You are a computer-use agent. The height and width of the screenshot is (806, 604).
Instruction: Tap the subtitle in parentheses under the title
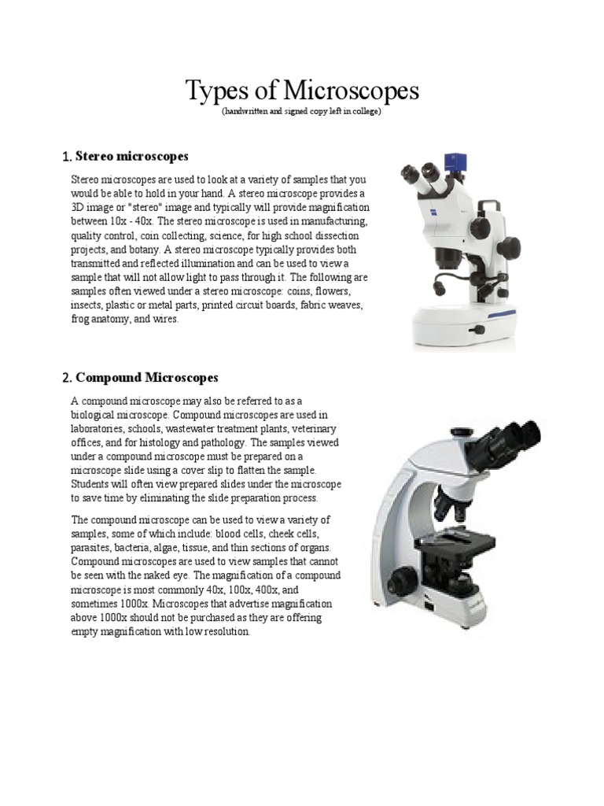pyautogui.click(x=302, y=113)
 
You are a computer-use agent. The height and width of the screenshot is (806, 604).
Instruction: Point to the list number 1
pyautogui.click(x=66, y=157)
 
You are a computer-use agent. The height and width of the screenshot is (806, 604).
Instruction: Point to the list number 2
pyautogui.click(x=67, y=378)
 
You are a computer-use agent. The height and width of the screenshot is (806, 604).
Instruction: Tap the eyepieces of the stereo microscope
pyautogui.click(x=421, y=172)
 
